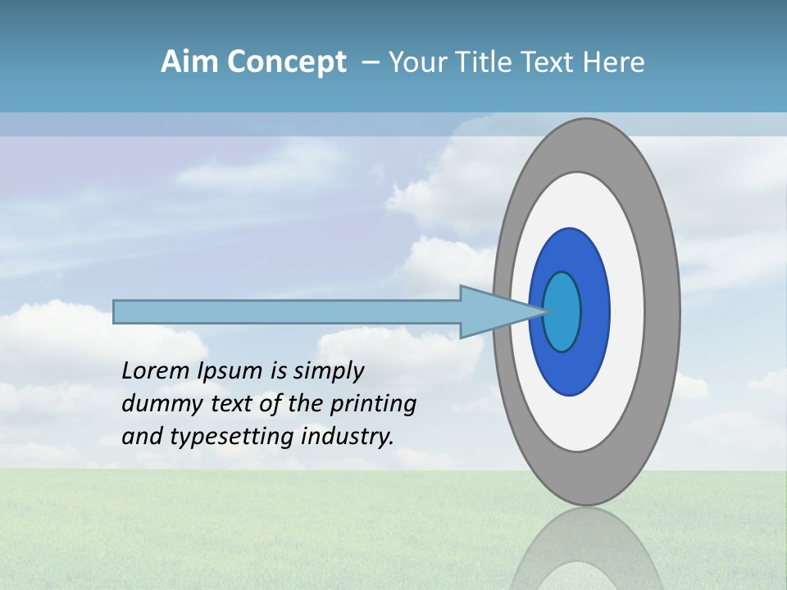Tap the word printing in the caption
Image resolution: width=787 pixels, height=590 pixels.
tap(373, 404)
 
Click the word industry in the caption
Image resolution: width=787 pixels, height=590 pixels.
tap(348, 437)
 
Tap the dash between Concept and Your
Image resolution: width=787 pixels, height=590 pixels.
tap(370, 62)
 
